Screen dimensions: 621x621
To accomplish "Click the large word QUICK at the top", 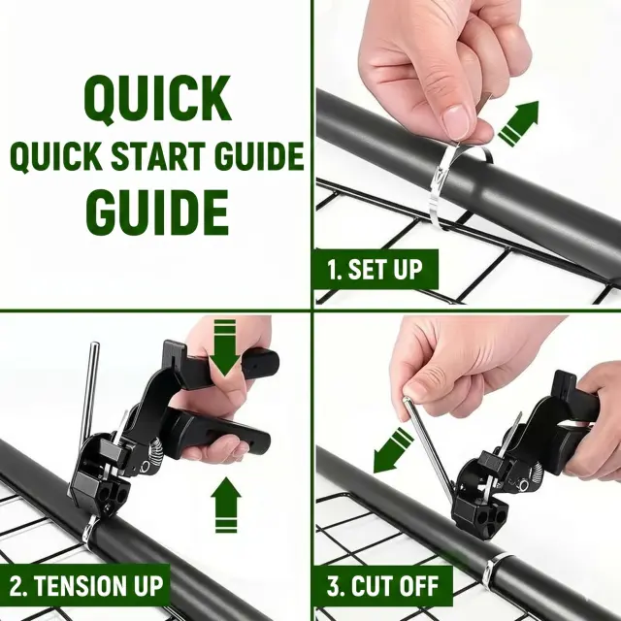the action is [157, 99].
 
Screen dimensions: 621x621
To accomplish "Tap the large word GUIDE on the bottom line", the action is [157, 212].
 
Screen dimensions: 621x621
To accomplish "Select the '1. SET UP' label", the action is [376, 270].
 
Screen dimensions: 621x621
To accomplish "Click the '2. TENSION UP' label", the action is [86, 586].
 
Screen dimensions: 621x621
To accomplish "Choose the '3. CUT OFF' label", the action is [382, 586].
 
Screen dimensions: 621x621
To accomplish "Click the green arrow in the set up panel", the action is [519, 122].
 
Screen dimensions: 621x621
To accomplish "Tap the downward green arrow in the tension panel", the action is [224, 347].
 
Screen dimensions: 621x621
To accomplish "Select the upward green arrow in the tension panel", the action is [226, 505].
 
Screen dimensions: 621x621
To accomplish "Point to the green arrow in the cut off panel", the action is [393, 450].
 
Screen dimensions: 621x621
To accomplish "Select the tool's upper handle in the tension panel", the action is [221, 364].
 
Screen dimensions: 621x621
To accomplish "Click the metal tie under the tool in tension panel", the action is [90, 530].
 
